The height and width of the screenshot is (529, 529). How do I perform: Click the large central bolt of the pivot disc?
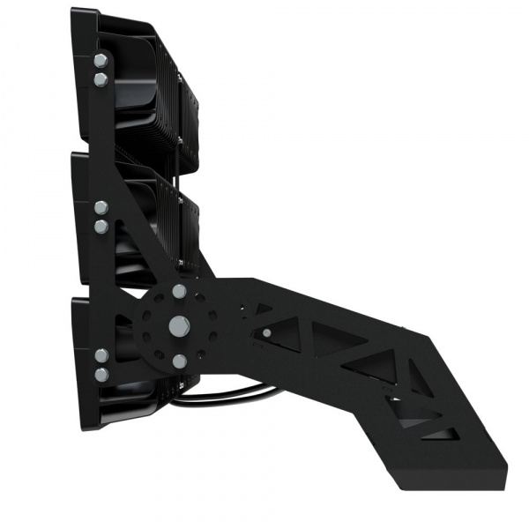pyautogui.click(x=180, y=325)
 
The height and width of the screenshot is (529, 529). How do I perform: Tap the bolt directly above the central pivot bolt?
pyautogui.click(x=180, y=291)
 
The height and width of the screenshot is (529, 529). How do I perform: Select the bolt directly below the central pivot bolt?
pyautogui.click(x=180, y=360)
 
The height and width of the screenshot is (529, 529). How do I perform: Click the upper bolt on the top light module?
pyautogui.click(x=101, y=61)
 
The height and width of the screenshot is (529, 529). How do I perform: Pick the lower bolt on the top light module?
pyautogui.click(x=101, y=79)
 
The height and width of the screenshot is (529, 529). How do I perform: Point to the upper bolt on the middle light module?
pyautogui.click(x=101, y=208)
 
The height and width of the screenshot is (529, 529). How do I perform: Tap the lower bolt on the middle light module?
pyautogui.click(x=101, y=227)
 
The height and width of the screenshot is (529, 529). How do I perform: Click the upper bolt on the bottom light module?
pyautogui.click(x=101, y=355)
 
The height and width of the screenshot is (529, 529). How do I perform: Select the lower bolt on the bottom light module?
pyautogui.click(x=101, y=374)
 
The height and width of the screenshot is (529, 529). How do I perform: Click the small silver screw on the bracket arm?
pyautogui.click(x=265, y=332)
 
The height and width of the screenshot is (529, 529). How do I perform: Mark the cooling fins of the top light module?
pyautogui.click(x=150, y=88)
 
